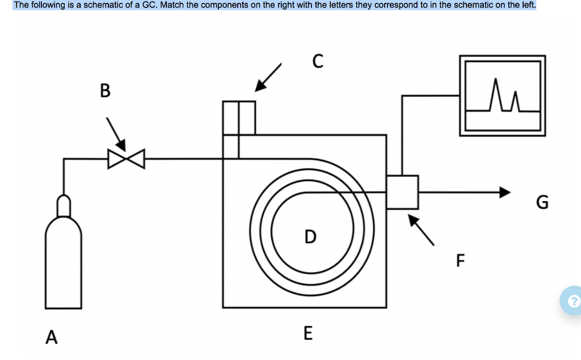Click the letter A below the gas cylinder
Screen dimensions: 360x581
[x=52, y=337]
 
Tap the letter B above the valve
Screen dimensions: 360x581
[x=105, y=90]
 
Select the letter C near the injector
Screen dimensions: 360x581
[x=318, y=61]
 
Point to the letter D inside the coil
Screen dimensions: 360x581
[x=310, y=236]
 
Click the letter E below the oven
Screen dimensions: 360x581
[x=308, y=332]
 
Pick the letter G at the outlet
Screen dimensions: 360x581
[x=542, y=202]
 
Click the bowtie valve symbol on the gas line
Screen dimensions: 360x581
[x=127, y=159]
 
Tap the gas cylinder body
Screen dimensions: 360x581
[x=64, y=261]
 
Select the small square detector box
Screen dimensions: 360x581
[x=402, y=192]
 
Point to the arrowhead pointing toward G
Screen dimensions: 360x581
[x=505, y=192]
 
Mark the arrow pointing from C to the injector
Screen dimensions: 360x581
[x=268, y=77]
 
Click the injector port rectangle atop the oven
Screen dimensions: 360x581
[x=239, y=118]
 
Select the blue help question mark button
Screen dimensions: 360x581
[x=574, y=300]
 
